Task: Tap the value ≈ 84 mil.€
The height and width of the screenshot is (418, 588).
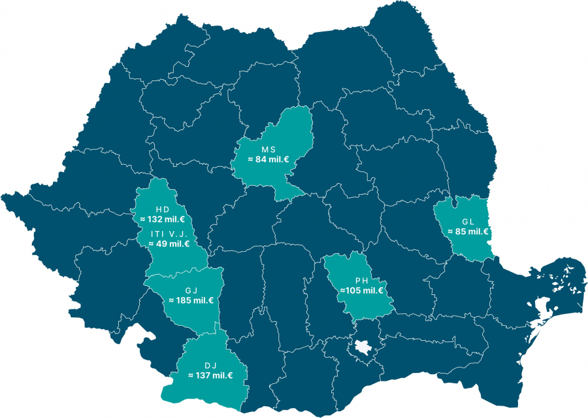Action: [x=268, y=159]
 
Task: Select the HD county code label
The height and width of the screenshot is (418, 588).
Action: [x=162, y=209]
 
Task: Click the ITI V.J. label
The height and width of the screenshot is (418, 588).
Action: [x=169, y=234]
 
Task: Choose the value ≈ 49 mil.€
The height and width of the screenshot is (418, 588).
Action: [x=169, y=243]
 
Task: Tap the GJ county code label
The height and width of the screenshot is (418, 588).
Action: [x=191, y=290]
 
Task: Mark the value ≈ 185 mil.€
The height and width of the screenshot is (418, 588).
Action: [x=191, y=300]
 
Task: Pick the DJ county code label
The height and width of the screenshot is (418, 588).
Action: [x=210, y=365]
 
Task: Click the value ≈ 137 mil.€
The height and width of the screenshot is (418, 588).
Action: [x=210, y=375]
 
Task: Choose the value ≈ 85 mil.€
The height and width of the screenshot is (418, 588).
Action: [x=468, y=231]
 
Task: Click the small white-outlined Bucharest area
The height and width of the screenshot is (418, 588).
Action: [x=361, y=351]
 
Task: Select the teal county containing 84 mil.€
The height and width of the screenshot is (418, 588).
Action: [x=281, y=131]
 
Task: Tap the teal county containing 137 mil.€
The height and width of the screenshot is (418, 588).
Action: [x=209, y=392]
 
